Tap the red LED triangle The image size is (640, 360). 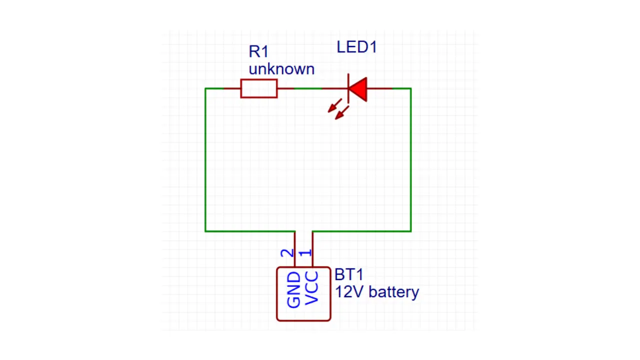point(358,89)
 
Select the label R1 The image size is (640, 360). point(258,51)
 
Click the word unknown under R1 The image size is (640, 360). point(281,69)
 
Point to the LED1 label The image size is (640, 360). point(357,47)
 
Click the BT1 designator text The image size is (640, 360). point(349,274)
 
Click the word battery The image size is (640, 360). point(394,292)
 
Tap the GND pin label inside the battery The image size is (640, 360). point(293,290)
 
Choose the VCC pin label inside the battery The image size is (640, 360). point(311,288)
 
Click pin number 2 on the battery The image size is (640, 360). point(287,253)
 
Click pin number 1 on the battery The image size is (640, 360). point(305,253)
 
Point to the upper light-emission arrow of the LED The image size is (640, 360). point(334,105)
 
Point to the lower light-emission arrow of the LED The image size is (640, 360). point(341,112)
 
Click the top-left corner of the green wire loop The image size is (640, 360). point(205,88)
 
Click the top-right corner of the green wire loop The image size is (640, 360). point(411,88)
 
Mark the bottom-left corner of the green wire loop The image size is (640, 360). point(205,231)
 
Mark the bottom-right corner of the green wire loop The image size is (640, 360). point(411,231)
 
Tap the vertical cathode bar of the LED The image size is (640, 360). point(348,88)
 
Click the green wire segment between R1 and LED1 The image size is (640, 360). point(308,88)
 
